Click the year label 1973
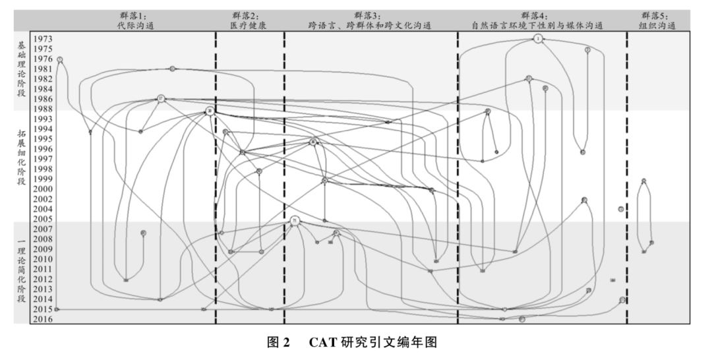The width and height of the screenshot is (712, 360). tap(44, 39)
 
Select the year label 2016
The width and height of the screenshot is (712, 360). tap(44, 319)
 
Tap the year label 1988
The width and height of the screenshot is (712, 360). tap(44, 109)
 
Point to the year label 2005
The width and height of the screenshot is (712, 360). tap(44, 219)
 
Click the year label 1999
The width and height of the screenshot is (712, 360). tap(44, 179)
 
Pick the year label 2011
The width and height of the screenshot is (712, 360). tap(44, 269)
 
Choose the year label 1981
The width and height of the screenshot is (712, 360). tap(44, 69)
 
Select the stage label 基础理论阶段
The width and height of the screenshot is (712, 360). tap(22, 69)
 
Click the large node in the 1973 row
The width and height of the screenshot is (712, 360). tap(538, 39)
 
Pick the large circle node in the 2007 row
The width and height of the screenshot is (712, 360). tap(295, 221)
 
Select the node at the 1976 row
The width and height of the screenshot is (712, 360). tap(60, 59)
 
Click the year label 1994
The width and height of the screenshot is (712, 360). tap(44, 129)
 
